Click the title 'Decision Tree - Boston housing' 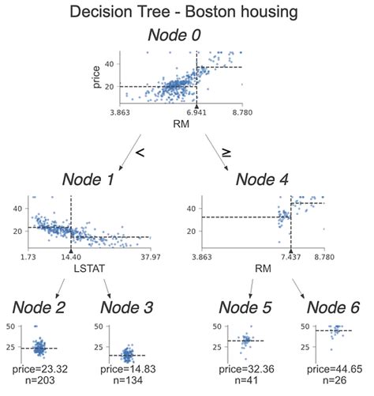click(187, 13)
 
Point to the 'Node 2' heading click(36, 307)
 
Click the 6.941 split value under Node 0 click(196, 114)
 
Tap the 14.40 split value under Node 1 click(71, 257)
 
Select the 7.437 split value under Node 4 click(291, 257)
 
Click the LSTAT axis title click(71, 268)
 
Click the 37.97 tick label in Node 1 click(148, 257)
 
